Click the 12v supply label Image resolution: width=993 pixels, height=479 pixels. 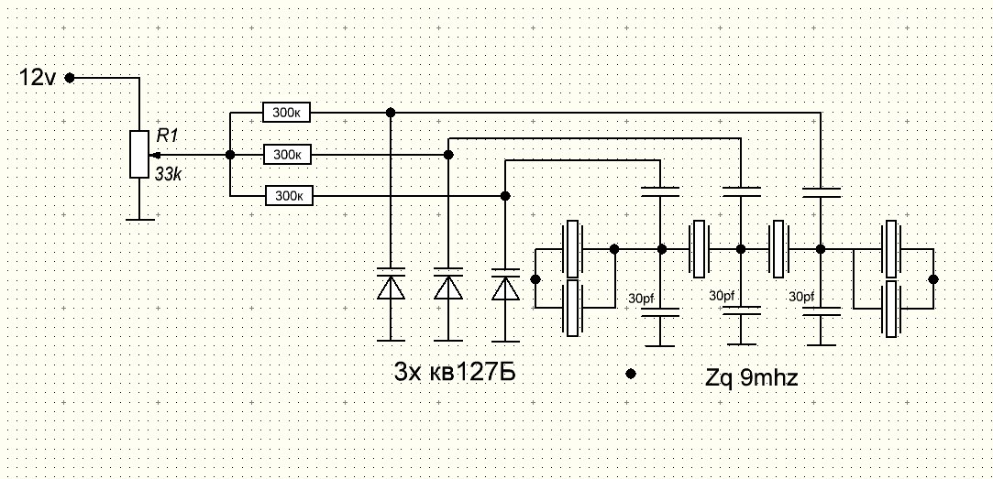[38, 79]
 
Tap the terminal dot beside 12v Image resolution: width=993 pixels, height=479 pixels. [70, 79]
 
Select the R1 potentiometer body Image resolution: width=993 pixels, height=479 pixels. [139, 154]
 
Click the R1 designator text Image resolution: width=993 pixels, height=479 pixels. [167, 136]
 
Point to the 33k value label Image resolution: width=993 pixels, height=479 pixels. [168, 174]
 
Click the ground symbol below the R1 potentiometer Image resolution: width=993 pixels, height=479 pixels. [139, 218]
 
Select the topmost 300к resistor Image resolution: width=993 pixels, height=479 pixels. [287, 113]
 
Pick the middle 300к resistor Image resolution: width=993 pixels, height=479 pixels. [287, 155]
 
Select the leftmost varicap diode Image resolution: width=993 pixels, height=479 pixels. [392, 287]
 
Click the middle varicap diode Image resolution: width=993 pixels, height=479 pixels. [448, 287]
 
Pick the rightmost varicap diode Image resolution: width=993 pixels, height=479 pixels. [505, 286]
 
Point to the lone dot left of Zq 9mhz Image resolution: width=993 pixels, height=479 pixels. [631, 374]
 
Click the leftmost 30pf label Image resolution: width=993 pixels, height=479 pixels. [643, 299]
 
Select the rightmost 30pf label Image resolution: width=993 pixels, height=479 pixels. [802, 297]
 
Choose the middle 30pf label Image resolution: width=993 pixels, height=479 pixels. [723, 296]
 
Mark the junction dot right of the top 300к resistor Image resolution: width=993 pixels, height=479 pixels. [391, 113]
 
